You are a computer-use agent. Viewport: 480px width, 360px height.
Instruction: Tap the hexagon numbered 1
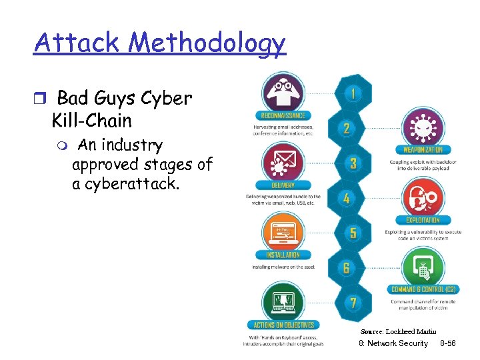click(353, 94)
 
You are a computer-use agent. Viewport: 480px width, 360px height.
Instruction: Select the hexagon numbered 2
click(347, 127)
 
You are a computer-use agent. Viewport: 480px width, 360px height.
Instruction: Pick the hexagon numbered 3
click(353, 163)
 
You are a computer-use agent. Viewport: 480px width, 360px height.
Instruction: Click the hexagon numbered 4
click(347, 198)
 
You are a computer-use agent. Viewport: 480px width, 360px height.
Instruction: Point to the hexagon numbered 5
click(353, 233)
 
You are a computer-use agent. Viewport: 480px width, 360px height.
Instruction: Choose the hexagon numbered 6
click(347, 267)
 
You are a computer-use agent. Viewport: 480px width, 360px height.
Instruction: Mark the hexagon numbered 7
click(353, 303)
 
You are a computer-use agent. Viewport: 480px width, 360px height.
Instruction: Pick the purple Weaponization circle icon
click(423, 127)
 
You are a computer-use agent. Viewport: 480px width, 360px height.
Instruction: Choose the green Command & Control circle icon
click(423, 267)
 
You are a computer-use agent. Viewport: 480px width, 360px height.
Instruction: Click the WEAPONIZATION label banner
click(423, 150)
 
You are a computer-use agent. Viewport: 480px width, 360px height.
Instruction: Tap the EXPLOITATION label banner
click(423, 220)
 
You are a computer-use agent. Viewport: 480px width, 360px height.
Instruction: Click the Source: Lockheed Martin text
click(398, 331)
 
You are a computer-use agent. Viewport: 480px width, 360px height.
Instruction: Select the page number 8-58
click(448, 343)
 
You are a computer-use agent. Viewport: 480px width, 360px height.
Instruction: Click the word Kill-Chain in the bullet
click(91, 121)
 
